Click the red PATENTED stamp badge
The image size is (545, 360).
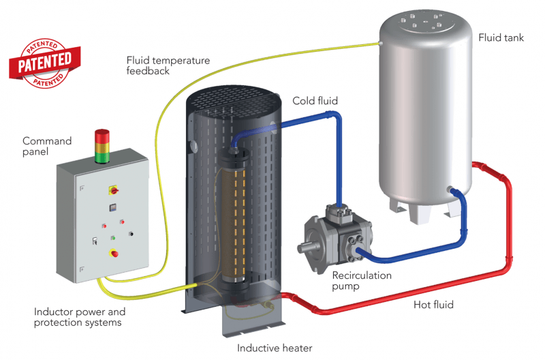click(x=44, y=59)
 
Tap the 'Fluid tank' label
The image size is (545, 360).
click(x=501, y=38)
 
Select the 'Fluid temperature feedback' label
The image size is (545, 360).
click(x=168, y=65)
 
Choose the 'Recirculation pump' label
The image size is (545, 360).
click(x=362, y=281)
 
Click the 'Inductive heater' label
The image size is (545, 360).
click(x=274, y=348)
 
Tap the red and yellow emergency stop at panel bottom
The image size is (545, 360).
click(x=114, y=254)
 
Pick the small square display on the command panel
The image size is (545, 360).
click(x=112, y=207)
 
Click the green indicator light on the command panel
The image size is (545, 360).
click(x=113, y=237)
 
